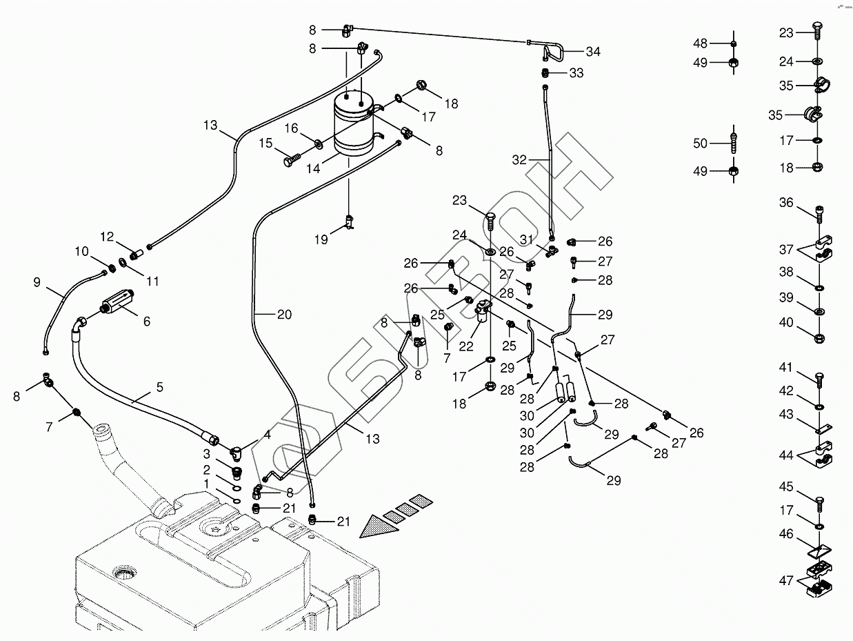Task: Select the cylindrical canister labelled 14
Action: click(x=354, y=124)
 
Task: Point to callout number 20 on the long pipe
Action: click(x=284, y=315)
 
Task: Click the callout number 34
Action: click(x=593, y=52)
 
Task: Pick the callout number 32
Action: click(x=519, y=160)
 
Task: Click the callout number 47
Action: click(x=786, y=580)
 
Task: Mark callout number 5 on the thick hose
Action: click(x=159, y=388)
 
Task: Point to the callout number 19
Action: click(x=321, y=239)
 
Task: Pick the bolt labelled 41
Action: click(x=819, y=379)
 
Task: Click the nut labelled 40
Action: click(x=819, y=339)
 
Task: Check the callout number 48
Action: click(x=700, y=43)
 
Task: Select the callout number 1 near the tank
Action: click(x=207, y=484)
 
